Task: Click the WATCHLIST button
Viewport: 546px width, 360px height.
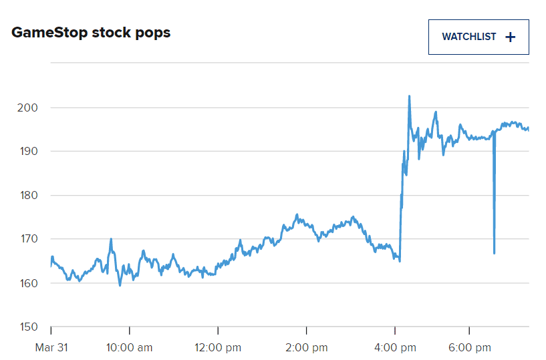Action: pyautogui.click(x=478, y=37)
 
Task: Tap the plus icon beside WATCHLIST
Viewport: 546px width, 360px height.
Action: pyautogui.click(x=511, y=37)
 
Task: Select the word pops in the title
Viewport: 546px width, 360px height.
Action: pyautogui.click(x=153, y=32)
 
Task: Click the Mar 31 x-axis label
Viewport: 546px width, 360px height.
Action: pyautogui.click(x=51, y=347)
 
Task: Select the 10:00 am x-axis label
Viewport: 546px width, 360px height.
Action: pyautogui.click(x=130, y=347)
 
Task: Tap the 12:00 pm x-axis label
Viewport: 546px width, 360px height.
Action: pyautogui.click(x=218, y=347)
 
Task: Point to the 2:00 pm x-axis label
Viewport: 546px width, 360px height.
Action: pyautogui.click(x=306, y=347)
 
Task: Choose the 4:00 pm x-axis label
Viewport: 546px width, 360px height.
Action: pyautogui.click(x=395, y=347)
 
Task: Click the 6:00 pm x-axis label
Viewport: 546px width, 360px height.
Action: pyautogui.click(x=469, y=347)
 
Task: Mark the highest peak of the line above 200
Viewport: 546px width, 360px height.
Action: pyautogui.click(x=409, y=96)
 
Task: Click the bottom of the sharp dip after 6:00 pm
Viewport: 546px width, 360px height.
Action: pyautogui.click(x=494, y=253)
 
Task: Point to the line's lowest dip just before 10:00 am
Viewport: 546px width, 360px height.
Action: pyautogui.click(x=120, y=285)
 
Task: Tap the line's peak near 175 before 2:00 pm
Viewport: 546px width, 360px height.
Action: pyautogui.click(x=296, y=215)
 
